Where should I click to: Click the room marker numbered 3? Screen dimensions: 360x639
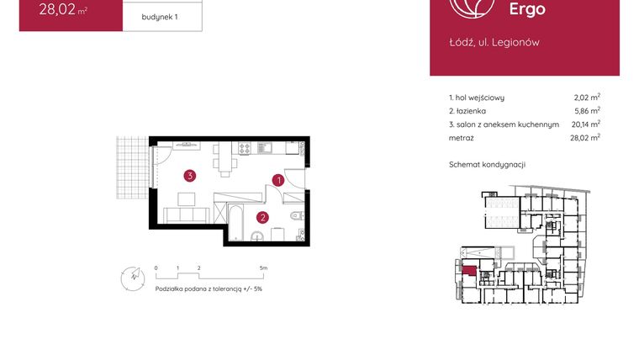click(191, 176)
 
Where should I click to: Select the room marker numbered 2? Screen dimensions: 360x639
click(262, 218)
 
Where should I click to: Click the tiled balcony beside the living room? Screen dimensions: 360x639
click(129, 170)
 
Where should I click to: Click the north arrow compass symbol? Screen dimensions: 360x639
click(129, 277)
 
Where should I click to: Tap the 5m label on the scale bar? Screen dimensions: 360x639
click(264, 268)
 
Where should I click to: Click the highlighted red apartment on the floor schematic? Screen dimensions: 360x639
click(467, 270)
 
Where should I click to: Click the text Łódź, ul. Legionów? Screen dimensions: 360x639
click(495, 42)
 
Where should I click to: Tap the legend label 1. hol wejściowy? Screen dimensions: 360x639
click(477, 98)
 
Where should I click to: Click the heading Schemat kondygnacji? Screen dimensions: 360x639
click(487, 164)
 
